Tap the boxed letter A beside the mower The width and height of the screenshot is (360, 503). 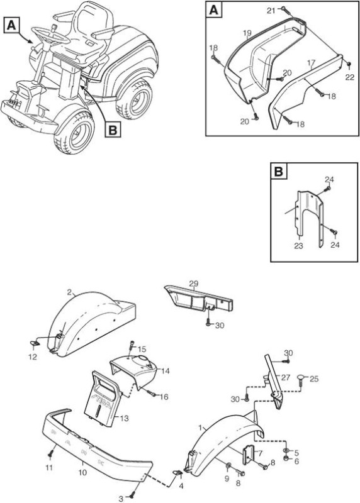pyautogui.click(x=11, y=25)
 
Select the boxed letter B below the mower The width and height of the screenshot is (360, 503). pyautogui.click(x=113, y=130)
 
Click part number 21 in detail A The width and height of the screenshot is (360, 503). pyautogui.click(x=271, y=11)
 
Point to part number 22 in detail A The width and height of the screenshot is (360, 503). pyautogui.click(x=350, y=77)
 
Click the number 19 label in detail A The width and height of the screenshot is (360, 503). pyautogui.click(x=247, y=33)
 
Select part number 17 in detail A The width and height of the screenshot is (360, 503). pyautogui.click(x=312, y=62)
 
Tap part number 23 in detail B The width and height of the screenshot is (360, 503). pyautogui.click(x=299, y=246)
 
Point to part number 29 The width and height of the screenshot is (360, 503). pyautogui.click(x=194, y=284)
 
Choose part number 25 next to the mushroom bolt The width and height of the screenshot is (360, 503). pyautogui.click(x=314, y=379)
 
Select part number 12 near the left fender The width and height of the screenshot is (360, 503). pyautogui.click(x=33, y=357)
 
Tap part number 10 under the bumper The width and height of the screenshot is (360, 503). pyautogui.click(x=83, y=473)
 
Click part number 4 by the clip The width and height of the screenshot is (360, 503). pyautogui.click(x=181, y=486)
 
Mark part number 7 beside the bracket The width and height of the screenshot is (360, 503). pyautogui.click(x=260, y=453)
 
